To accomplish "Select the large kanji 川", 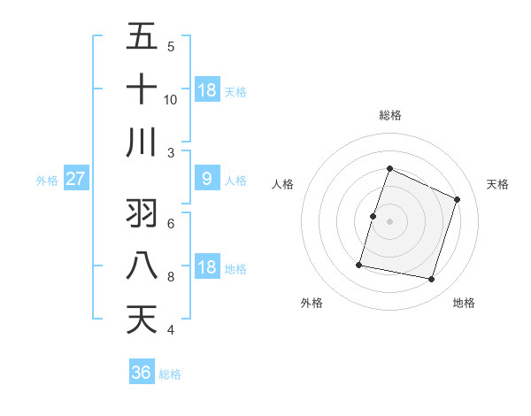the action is point(142,142).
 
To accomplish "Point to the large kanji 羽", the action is point(142,213).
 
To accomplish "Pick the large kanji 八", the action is point(142,266).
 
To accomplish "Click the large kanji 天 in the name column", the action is point(142,320).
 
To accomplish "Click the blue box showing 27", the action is point(75,179).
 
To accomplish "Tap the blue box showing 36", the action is point(142,373).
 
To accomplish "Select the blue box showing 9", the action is point(207,179).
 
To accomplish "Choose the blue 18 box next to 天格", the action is point(207,89).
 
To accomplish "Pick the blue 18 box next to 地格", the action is point(207,267).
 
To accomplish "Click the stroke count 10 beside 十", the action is point(171,100).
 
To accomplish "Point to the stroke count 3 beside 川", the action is point(171,153).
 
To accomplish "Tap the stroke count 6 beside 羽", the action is point(171,224).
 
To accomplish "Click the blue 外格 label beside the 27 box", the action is point(47,181).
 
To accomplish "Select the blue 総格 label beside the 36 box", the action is point(170,374).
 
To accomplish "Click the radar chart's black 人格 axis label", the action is point(282,184).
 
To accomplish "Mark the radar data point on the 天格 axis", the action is point(457,199).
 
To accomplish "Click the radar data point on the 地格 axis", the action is point(432,280).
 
